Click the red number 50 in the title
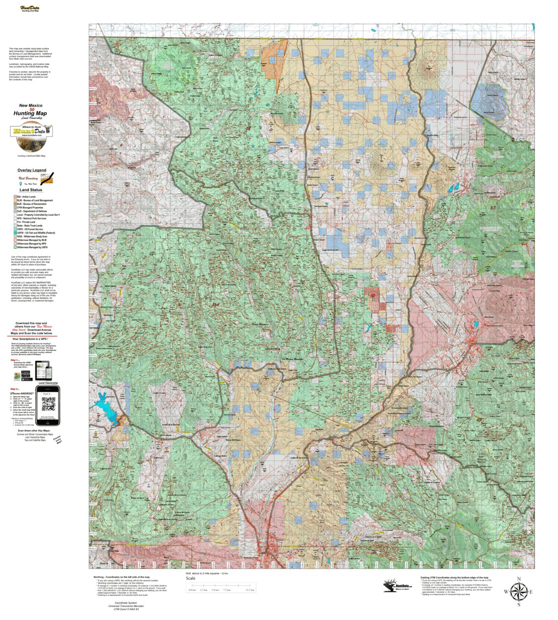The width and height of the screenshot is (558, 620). point(32,109)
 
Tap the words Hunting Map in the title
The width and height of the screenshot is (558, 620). point(30,114)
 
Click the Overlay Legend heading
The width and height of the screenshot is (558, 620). point(32,170)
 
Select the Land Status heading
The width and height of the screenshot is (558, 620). point(31,190)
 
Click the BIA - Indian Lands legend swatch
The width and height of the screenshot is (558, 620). point(15,197)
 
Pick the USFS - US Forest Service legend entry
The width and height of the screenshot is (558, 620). point(30,229)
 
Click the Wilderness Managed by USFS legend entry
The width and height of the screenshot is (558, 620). point(32,247)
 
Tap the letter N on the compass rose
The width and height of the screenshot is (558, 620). point(519,579)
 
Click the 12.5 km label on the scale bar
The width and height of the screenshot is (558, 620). point(250,590)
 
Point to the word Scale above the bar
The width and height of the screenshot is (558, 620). point(190,579)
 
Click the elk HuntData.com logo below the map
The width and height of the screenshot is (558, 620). point(397,585)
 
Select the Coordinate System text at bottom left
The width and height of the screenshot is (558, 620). point(126,603)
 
